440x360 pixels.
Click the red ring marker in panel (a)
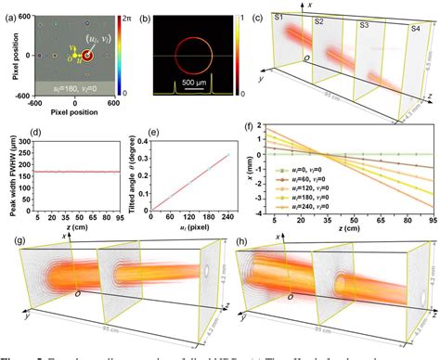click(x=88, y=57)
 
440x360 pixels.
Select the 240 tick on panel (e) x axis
click(x=226, y=215)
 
